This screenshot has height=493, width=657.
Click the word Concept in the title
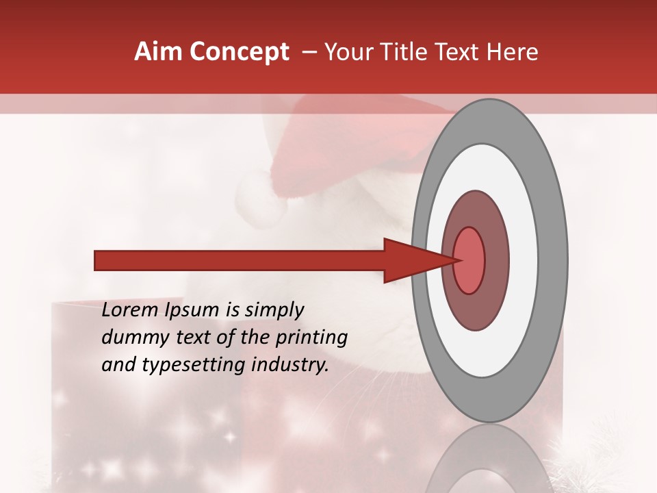coord(239,52)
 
